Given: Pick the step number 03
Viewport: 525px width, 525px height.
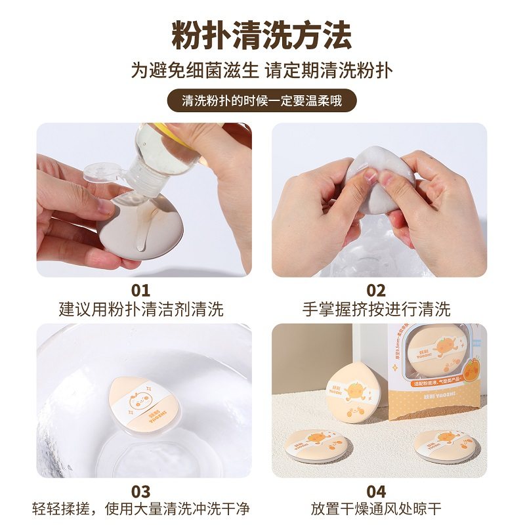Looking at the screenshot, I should [140, 491].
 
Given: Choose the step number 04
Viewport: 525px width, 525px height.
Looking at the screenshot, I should [376, 491].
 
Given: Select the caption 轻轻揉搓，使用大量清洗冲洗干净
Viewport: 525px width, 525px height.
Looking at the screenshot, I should [141, 509].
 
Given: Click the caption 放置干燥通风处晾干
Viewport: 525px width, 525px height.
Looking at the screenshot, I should [376, 509].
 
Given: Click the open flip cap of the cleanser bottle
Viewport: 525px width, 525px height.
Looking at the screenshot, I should [104, 174].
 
